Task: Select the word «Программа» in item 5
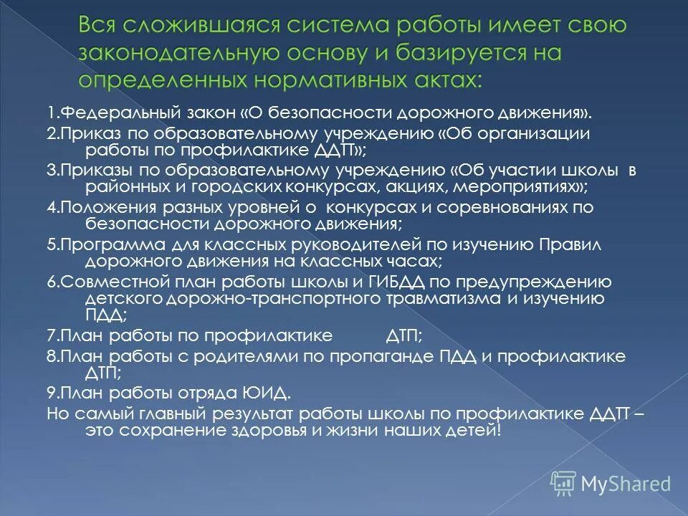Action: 102,244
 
